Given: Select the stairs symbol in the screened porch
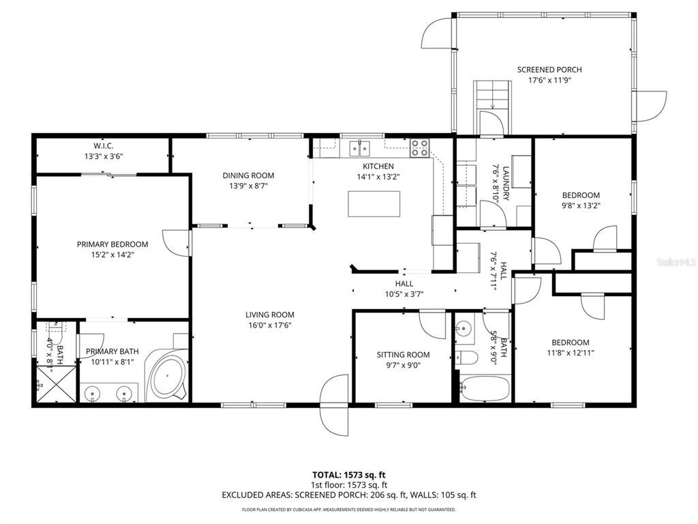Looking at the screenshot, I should point(493,94).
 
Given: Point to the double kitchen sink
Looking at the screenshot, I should point(360,147).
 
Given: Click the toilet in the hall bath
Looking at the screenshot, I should point(466,358).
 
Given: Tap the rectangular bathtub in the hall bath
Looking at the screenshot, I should point(484,390).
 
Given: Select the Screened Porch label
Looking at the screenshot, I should point(549,70).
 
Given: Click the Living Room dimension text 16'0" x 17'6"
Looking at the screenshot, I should point(270,325).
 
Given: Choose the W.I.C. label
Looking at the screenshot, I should point(104,145).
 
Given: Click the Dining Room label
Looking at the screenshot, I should point(248,175).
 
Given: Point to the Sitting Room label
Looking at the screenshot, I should point(403,354).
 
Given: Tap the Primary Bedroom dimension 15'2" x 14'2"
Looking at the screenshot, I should point(112,255).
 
